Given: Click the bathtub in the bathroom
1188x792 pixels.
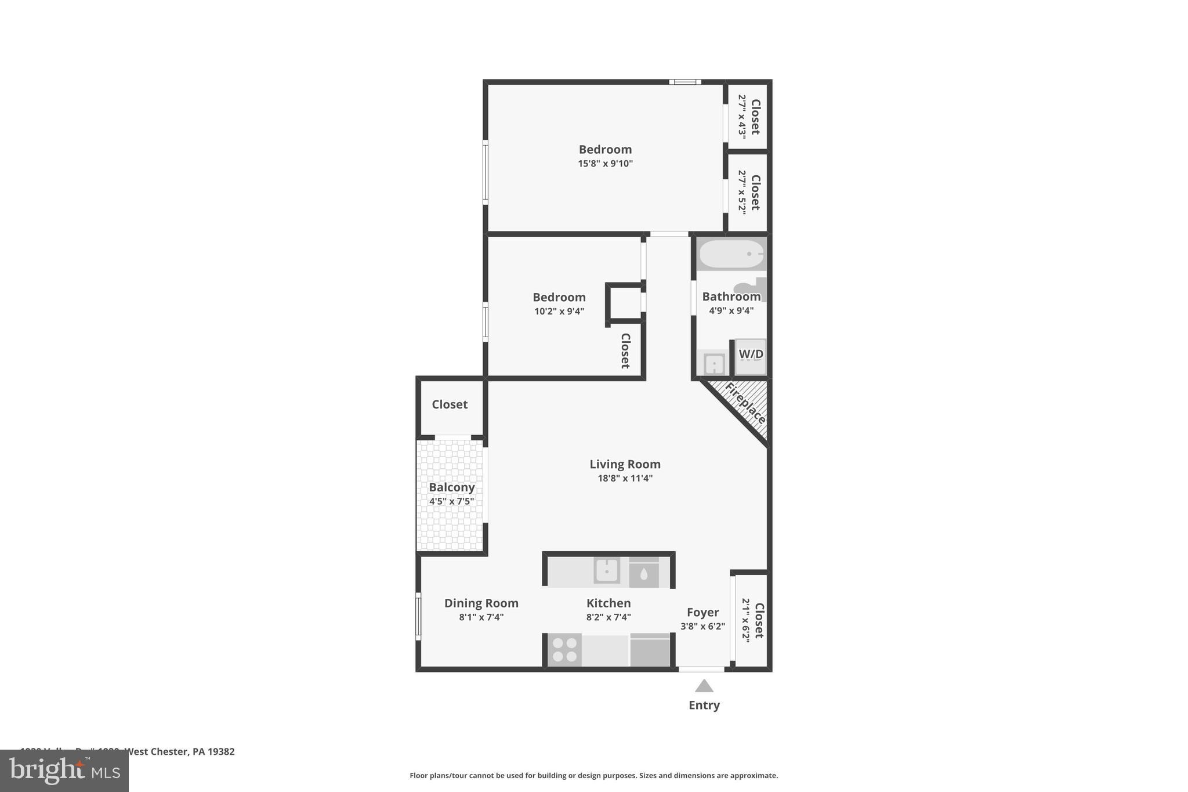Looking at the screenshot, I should [x=731, y=254].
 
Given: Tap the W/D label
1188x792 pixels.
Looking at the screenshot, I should [x=751, y=354].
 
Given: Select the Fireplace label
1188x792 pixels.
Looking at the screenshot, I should [x=745, y=403].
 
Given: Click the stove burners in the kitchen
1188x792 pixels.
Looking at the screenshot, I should [x=564, y=650].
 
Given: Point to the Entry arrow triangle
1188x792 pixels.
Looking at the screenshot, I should [x=704, y=686].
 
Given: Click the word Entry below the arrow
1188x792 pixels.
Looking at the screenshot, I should [x=704, y=706].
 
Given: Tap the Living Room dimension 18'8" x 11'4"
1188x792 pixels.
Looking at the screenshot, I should [x=625, y=479].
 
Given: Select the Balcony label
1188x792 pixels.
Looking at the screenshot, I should [x=451, y=487].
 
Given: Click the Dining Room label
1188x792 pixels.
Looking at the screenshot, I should [x=481, y=603].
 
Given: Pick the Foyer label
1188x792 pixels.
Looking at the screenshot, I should [x=702, y=612].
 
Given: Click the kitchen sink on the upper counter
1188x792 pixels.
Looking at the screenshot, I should [x=607, y=570].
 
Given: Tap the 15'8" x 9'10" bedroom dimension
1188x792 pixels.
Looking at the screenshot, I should [x=605, y=164].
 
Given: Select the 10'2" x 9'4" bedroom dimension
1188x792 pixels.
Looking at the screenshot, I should [x=559, y=312].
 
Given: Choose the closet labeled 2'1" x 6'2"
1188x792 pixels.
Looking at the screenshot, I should [x=752, y=620].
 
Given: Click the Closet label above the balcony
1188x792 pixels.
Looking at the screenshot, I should [x=450, y=404].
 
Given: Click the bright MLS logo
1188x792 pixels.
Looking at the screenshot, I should [x=64, y=771].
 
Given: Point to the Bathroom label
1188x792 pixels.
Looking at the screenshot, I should [x=731, y=296].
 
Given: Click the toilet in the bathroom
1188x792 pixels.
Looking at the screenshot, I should [x=752, y=288].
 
